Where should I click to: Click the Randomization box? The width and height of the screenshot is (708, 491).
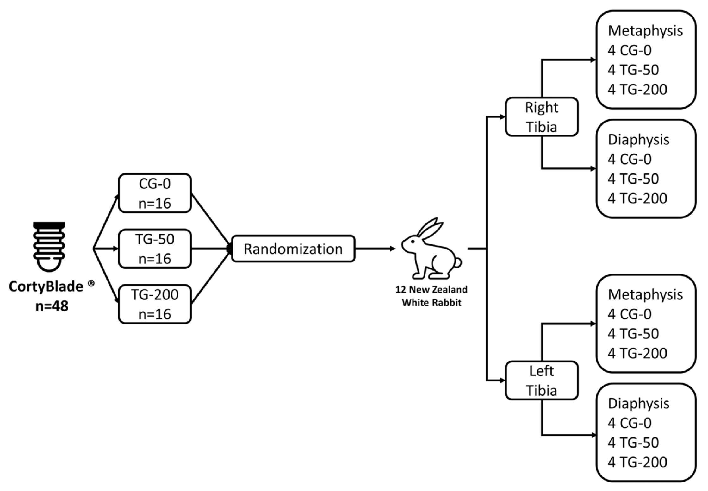click(293, 249)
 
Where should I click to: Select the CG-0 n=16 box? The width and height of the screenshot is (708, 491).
click(155, 193)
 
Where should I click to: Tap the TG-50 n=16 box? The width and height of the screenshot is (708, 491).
click(155, 249)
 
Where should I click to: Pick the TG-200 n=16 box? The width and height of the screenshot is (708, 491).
click(155, 304)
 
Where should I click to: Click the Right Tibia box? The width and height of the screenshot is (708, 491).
click(542, 117)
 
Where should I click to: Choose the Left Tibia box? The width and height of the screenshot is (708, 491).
click(542, 381)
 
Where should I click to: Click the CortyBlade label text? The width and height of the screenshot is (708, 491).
click(46, 286)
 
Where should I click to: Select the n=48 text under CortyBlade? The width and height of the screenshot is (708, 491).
click(52, 306)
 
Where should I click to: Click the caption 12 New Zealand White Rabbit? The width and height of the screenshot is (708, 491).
click(432, 296)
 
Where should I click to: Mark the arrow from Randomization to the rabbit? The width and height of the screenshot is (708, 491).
click(375, 249)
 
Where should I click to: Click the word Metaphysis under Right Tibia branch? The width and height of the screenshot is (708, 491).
click(645, 31)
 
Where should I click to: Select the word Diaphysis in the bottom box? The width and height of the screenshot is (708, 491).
click(638, 403)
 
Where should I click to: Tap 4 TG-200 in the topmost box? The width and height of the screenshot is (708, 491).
click(637, 90)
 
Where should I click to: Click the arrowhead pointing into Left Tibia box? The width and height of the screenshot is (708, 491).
click(502, 381)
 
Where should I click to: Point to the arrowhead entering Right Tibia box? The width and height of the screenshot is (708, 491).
click(502, 117)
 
